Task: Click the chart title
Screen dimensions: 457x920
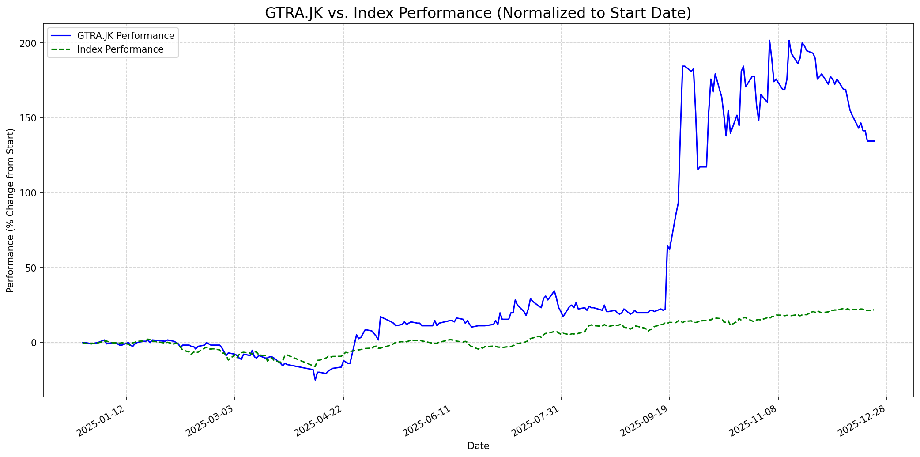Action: tap(478, 13)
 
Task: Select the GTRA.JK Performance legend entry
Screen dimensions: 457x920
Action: tap(125, 36)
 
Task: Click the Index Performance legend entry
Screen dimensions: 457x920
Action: tap(120, 49)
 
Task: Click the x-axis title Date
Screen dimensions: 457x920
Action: tap(478, 446)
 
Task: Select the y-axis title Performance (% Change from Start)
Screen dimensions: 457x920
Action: tap(11, 210)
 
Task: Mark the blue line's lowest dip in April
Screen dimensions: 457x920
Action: tap(315, 380)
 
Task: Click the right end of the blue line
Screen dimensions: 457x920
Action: tap(874, 141)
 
